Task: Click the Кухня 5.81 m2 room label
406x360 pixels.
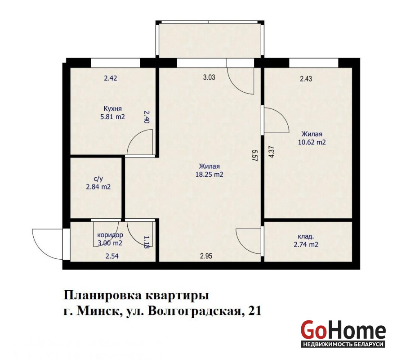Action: point(112,113)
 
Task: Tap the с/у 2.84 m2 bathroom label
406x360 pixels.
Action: point(98,183)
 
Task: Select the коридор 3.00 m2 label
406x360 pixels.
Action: point(110,239)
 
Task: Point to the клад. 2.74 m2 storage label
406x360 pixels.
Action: point(306,240)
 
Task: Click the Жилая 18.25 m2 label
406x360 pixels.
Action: point(209,170)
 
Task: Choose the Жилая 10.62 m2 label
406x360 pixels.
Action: point(312,138)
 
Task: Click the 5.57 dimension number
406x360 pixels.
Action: point(254,156)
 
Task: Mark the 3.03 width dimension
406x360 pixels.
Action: point(209,77)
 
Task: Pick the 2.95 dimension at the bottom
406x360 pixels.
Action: point(206,256)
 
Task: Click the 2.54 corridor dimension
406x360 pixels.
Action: point(112,256)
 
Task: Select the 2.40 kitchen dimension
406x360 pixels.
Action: point(147,117)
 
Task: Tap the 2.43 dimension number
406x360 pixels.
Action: point(306,79)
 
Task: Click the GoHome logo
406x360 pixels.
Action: point(343,333)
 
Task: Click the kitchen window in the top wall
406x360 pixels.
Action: point(115,63)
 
